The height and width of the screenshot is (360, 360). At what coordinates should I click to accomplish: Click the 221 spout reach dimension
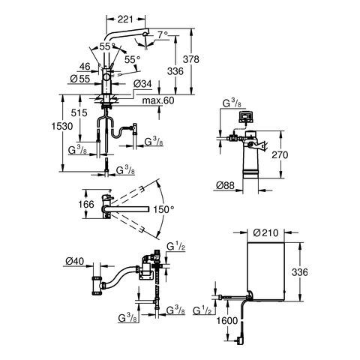pyautogui.click(x=125, y=19)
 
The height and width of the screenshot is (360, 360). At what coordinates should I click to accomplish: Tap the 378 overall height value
pyautogui.click(x=191, y=59)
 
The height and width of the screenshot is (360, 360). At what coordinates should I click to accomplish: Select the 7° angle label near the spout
pyautogui.click(x=163, y=35)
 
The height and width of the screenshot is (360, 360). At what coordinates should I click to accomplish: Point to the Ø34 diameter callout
pyautogui.click(x=142, y=84)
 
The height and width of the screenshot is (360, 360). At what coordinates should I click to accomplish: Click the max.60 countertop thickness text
pyautogui.click(x=158, y=100)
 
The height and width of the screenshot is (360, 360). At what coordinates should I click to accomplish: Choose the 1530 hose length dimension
pyautogui.click(x=62, y=126)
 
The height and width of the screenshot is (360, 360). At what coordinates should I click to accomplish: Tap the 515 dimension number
pyautogui.click(x=79, y=112)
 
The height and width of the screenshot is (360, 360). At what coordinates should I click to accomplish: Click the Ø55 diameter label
pyautogui.click(x=80, y=79)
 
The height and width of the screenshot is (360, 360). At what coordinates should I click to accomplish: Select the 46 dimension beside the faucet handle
pyautogui.click(x=85, y=67)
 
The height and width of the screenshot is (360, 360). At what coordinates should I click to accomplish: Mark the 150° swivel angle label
pyautogui.click(x=163, y=209)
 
